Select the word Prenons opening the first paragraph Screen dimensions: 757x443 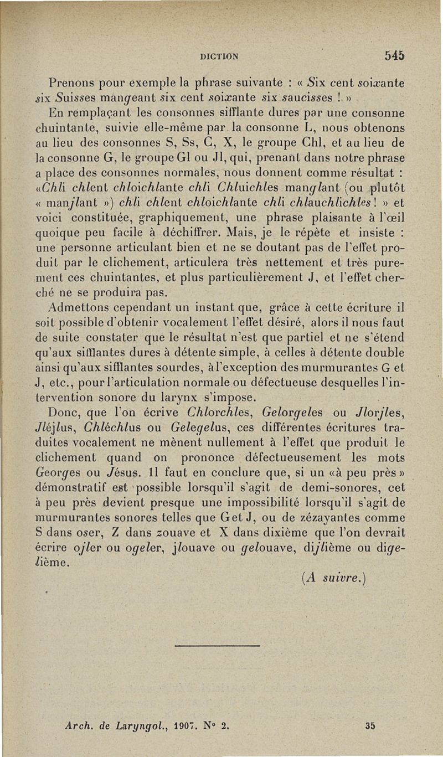(70, 84)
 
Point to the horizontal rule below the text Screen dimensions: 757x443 (217, 645)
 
